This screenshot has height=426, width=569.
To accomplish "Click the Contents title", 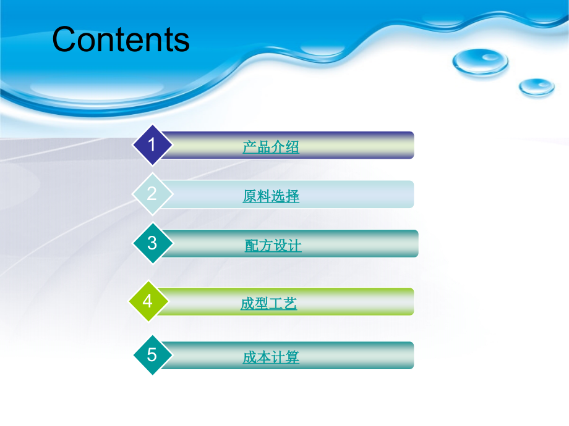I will click(x=121, y=40).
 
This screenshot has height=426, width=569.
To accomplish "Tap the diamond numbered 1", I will click(x=152, y=145).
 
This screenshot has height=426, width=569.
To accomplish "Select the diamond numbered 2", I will click(x=152, y=194).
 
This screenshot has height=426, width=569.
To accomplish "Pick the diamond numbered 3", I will click(x=152, y=243).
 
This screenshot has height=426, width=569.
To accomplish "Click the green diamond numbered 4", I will click(x=147, y=301).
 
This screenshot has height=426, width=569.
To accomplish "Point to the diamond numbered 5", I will click(x=152, y=355).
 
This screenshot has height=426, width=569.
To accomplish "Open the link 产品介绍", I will click(x=271, y=147).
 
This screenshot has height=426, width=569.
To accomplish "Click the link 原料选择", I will click(x=271, y=196).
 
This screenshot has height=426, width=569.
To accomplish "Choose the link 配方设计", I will click(x=273, y=246).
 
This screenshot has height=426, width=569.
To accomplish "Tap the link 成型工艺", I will click(x=268, y=304).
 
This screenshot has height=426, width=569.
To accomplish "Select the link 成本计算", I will click(x=271, y=357).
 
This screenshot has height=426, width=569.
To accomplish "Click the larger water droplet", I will click(x=480, y=61).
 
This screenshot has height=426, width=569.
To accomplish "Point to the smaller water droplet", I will click(x=536, y=86).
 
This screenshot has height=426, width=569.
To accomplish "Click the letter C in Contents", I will click(x=64, y=40).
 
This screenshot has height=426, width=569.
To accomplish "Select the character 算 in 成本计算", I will click(x=293, y=357).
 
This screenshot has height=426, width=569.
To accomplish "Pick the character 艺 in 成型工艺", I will click(x=290, y=304).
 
